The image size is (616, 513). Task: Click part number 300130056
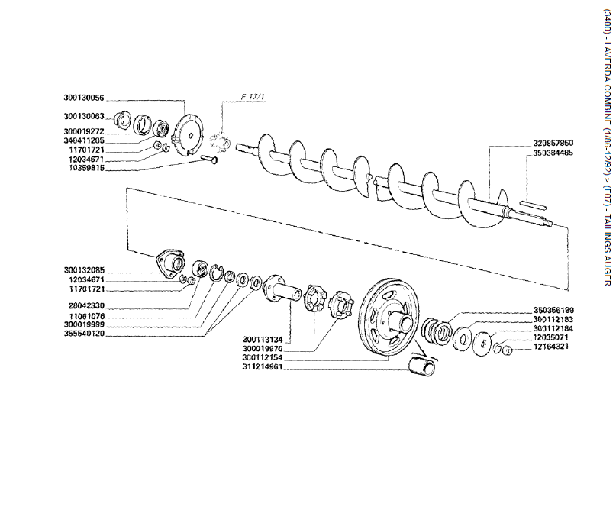click(105, 98)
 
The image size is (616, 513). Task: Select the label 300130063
click(105, 117)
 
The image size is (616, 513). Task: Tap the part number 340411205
click(105, 140)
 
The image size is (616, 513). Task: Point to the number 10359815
click(105, 168)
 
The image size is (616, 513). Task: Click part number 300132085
click(105, 250)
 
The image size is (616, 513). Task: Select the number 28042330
click(105, 283)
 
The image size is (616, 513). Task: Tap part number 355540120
click(105, 312)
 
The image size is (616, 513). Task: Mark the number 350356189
click(553, 289)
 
